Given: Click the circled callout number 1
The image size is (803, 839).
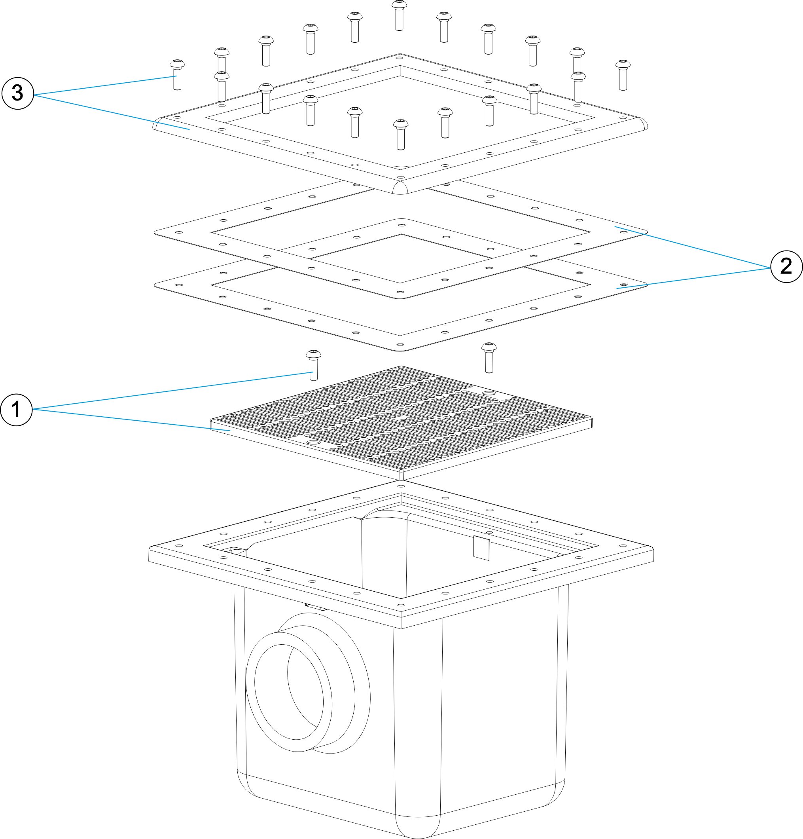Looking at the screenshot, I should coord(16,410).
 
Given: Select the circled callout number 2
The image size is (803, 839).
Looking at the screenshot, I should coord(786,266).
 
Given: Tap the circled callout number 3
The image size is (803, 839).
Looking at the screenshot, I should coord(17,93).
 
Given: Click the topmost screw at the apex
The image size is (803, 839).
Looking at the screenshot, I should coord(399,15).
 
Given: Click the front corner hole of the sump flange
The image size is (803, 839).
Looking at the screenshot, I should coord(400,605).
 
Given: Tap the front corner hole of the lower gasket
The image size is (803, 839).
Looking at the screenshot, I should coord(400,344).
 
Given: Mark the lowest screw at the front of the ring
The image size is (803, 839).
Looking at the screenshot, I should coord(400,135).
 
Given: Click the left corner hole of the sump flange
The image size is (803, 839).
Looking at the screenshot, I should coord(179,546).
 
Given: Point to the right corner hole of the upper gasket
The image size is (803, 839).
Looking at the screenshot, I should coord(623,232).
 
